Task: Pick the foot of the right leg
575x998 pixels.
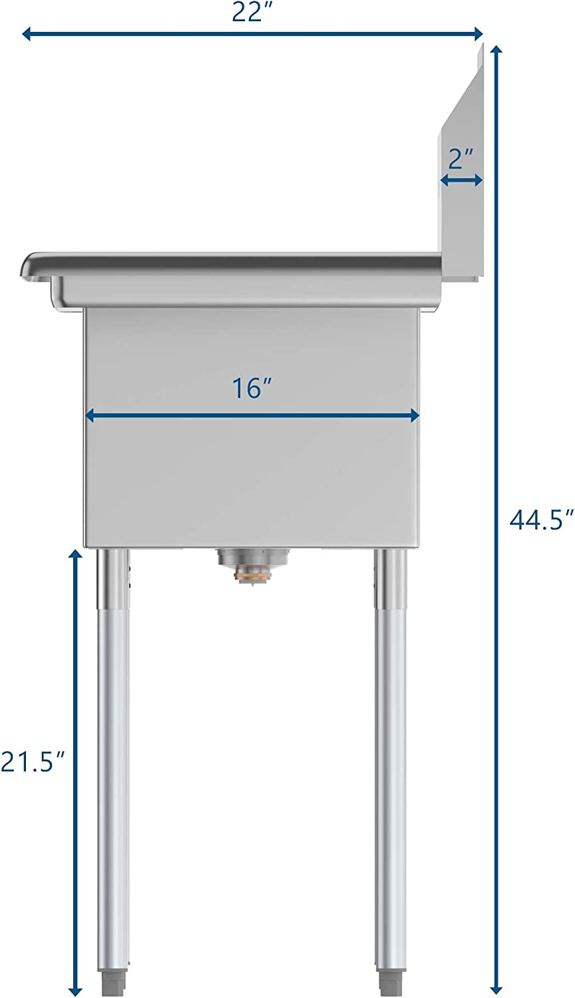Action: (x=390, y=985)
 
